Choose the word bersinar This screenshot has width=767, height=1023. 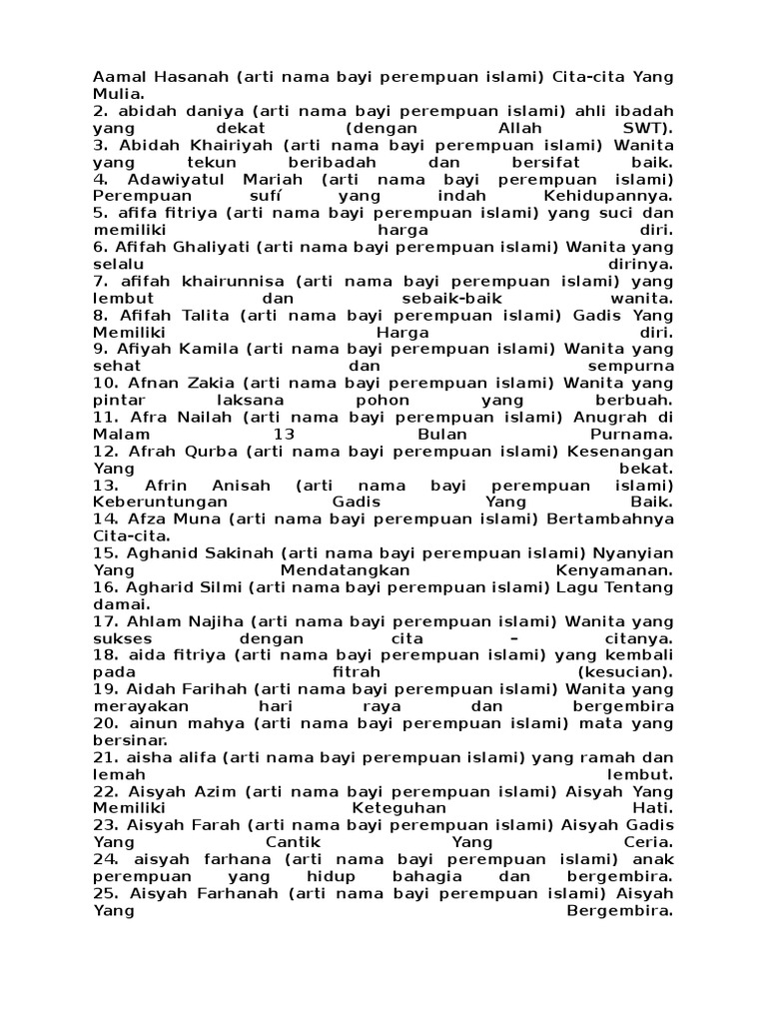pyautogui.click(x=126, y=740)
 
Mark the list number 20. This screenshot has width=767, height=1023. pyautogui.click(x=106, y=722)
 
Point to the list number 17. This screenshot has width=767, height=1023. pyautogui.click(x=106, y=620)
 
